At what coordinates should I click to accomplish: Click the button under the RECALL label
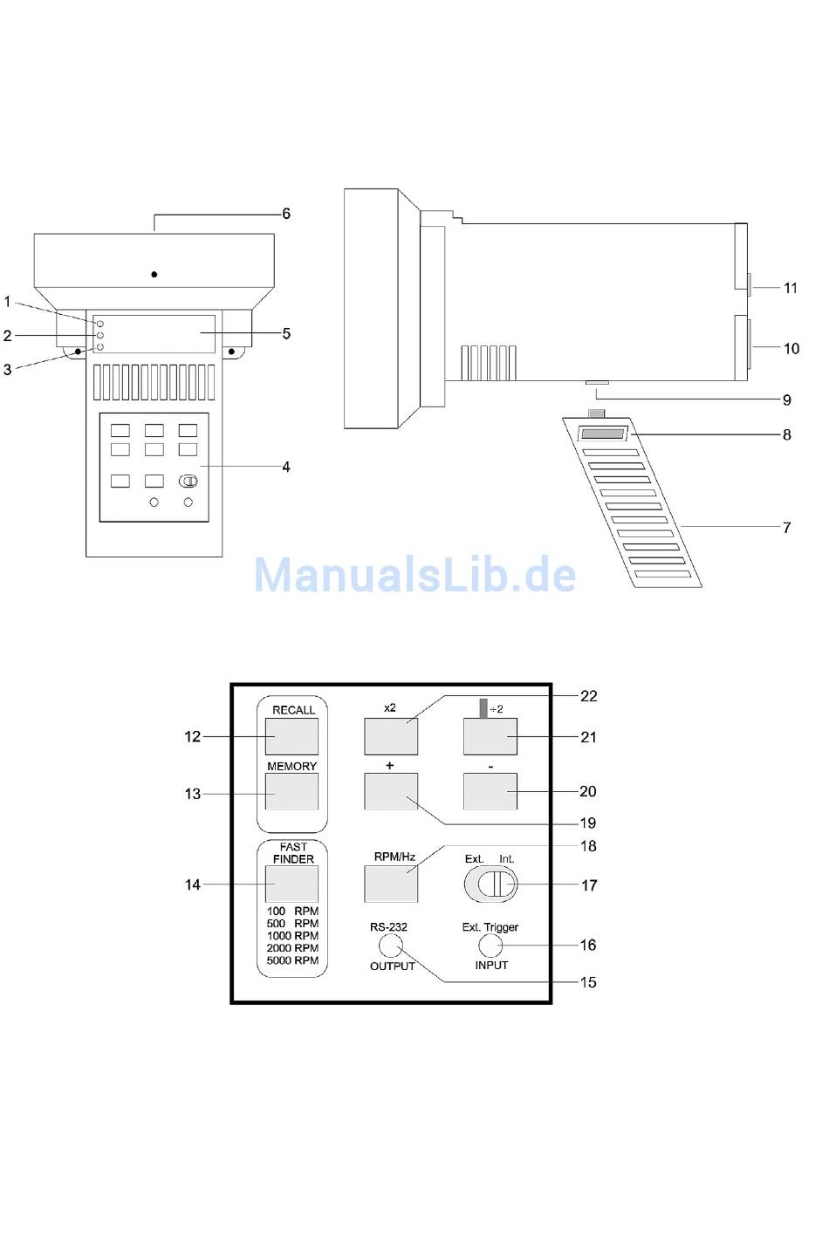click(291, 736)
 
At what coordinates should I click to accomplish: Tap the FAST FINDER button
click(291, 884)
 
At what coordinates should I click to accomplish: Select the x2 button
click(391, 736)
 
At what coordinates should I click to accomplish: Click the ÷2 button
click(490, 736)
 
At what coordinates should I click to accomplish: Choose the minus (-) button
click(490, 791)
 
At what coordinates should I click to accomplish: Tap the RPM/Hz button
click(391, 884)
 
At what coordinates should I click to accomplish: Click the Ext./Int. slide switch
click(490, 884)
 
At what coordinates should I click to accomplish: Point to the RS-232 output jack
click(390, 946)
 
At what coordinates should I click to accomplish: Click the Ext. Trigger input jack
click(490, 945)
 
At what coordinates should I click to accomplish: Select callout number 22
click(588, 696)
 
